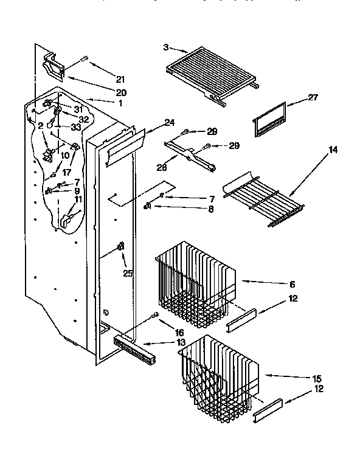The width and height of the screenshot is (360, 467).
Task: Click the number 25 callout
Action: pos(127,274)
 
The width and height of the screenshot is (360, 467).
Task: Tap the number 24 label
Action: pos(169,123)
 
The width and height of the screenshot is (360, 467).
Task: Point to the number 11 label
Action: pos(78,199)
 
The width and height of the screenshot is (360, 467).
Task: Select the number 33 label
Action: pos(76,127)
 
